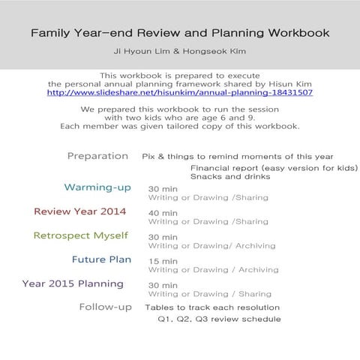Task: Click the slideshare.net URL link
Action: (x=179, y=92)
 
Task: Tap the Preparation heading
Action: (x=97, y=156)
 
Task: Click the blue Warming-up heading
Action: (x=99, y=187)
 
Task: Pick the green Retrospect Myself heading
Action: (x=80, y=235)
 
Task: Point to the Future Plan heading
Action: (x=101, y=259)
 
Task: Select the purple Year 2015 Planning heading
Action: (x=73, y=283)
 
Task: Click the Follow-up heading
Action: (x=106, y=307)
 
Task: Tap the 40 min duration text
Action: (x=163, y=213)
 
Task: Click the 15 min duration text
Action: (x=163, y=261)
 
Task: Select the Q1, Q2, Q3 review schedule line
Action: (x=219, y=319)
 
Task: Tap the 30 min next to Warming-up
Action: (x=163, y=189)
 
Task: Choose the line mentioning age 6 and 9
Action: (x=179, y=117)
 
